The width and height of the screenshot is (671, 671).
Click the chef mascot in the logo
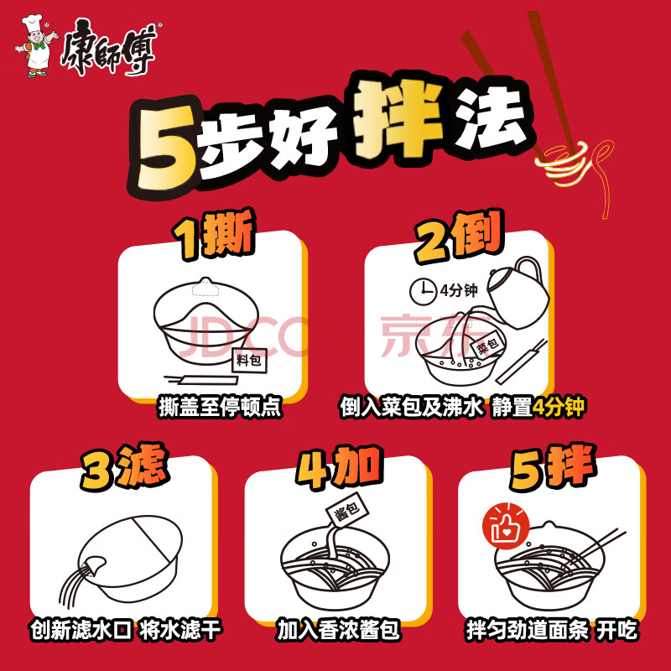[37, 46]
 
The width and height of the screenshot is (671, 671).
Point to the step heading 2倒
[459, 236]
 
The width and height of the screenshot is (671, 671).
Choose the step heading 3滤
[123, 466]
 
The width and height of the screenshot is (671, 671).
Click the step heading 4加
[339, 467]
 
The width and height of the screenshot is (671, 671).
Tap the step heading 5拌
[553, 467]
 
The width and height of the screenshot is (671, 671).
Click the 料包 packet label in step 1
[249, 361]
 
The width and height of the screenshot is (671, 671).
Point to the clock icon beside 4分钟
[423, 292]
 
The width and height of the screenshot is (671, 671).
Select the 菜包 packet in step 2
[488, 345]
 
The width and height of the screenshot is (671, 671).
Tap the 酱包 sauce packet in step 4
[347, 509]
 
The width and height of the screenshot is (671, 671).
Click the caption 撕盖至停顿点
[220, 407]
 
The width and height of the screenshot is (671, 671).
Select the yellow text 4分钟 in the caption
[558, 407]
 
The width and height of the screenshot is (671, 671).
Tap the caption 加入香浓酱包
[338, 630]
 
